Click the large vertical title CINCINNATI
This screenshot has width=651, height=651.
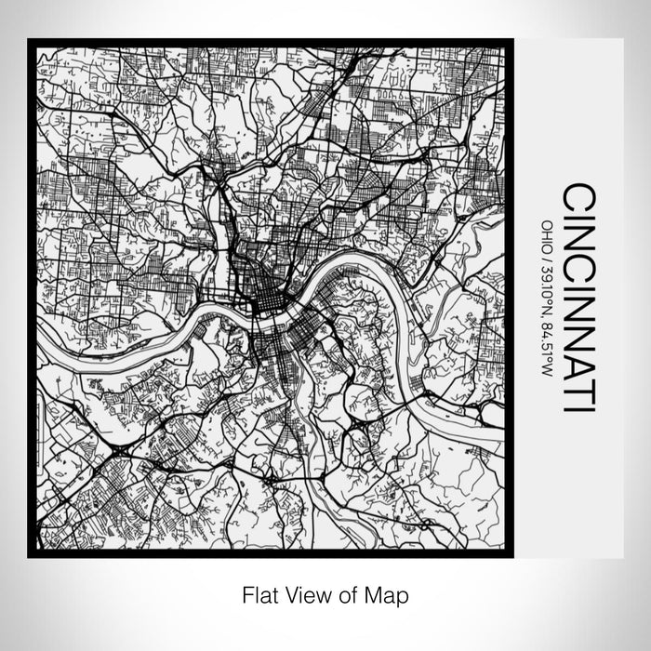pos(579,298)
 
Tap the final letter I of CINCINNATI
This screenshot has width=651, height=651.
pos(579,408)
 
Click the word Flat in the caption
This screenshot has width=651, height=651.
pos(258,593)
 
